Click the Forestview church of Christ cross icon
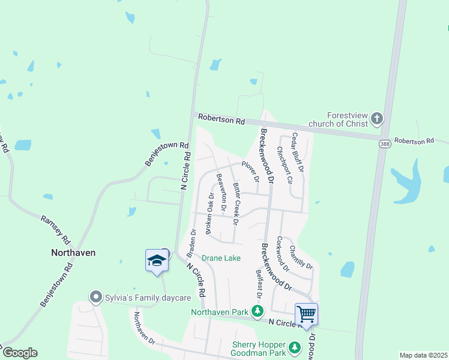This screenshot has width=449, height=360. (x=377, y=118)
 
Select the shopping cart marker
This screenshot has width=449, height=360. (x=306, y=313)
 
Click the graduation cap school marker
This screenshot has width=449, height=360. (x=157, y=260)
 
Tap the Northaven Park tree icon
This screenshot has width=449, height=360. (x=258, y=311)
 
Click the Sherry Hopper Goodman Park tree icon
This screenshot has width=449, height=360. (x=294, y=347)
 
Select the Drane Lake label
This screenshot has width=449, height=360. (x=221, y=258)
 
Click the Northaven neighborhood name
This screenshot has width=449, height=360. (x=73, y=253)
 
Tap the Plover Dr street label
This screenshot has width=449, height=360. (x=250, y=171)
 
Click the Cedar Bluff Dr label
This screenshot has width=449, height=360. (x=298, y=152)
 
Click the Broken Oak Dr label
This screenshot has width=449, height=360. (x=210, y=213)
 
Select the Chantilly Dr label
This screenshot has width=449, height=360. (x=301, y=256)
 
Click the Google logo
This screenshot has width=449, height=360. (x=20, y=353)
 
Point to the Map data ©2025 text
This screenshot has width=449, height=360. (x=423, y=355)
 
